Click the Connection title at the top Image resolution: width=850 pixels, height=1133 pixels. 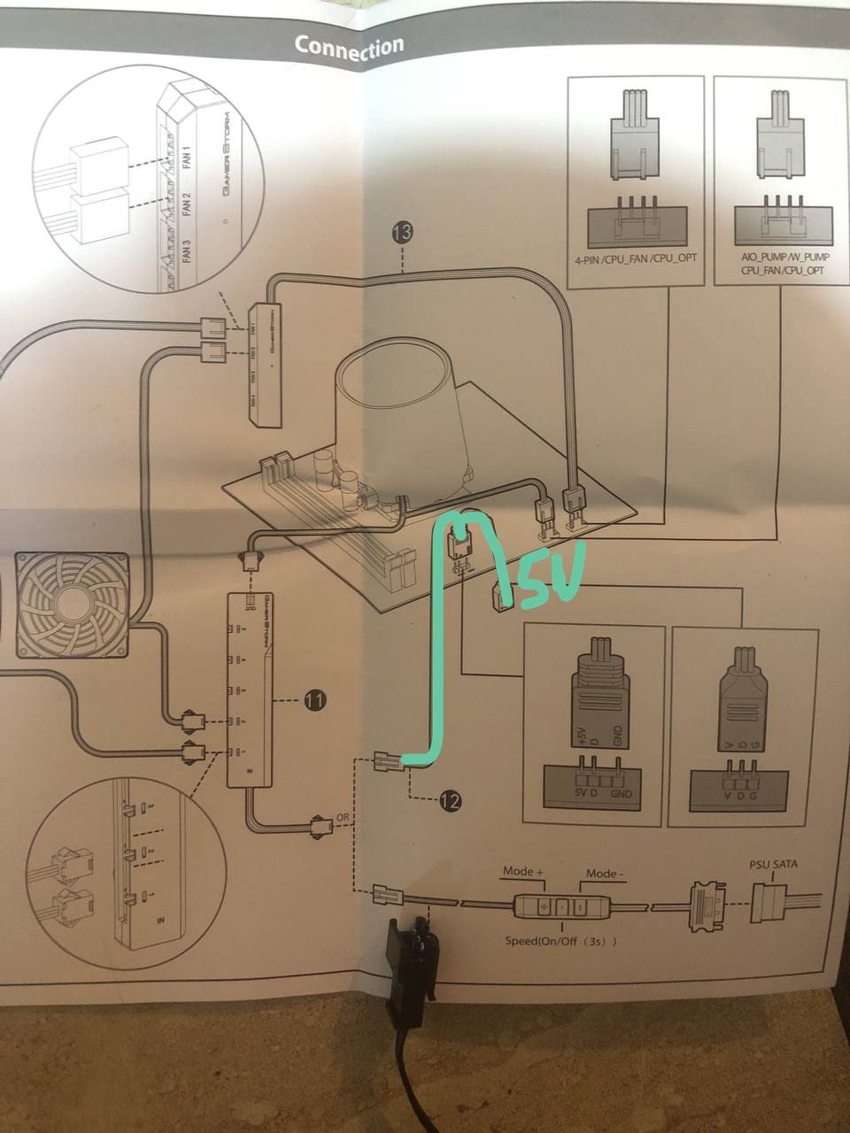click(x=349, y=48)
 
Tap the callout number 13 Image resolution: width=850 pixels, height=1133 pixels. click(x=401, y=233)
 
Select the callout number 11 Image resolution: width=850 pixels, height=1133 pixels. click(x=314, y=701)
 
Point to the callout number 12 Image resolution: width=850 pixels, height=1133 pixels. click(x=450, y=802)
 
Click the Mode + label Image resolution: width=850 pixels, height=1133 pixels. click(x=523, y=872)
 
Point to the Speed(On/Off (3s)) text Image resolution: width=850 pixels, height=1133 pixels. click(x=561, y=941)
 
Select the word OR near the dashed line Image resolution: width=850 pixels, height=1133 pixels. click(x=342, y=815)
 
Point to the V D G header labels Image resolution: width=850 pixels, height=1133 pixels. click(x=739, y=797)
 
